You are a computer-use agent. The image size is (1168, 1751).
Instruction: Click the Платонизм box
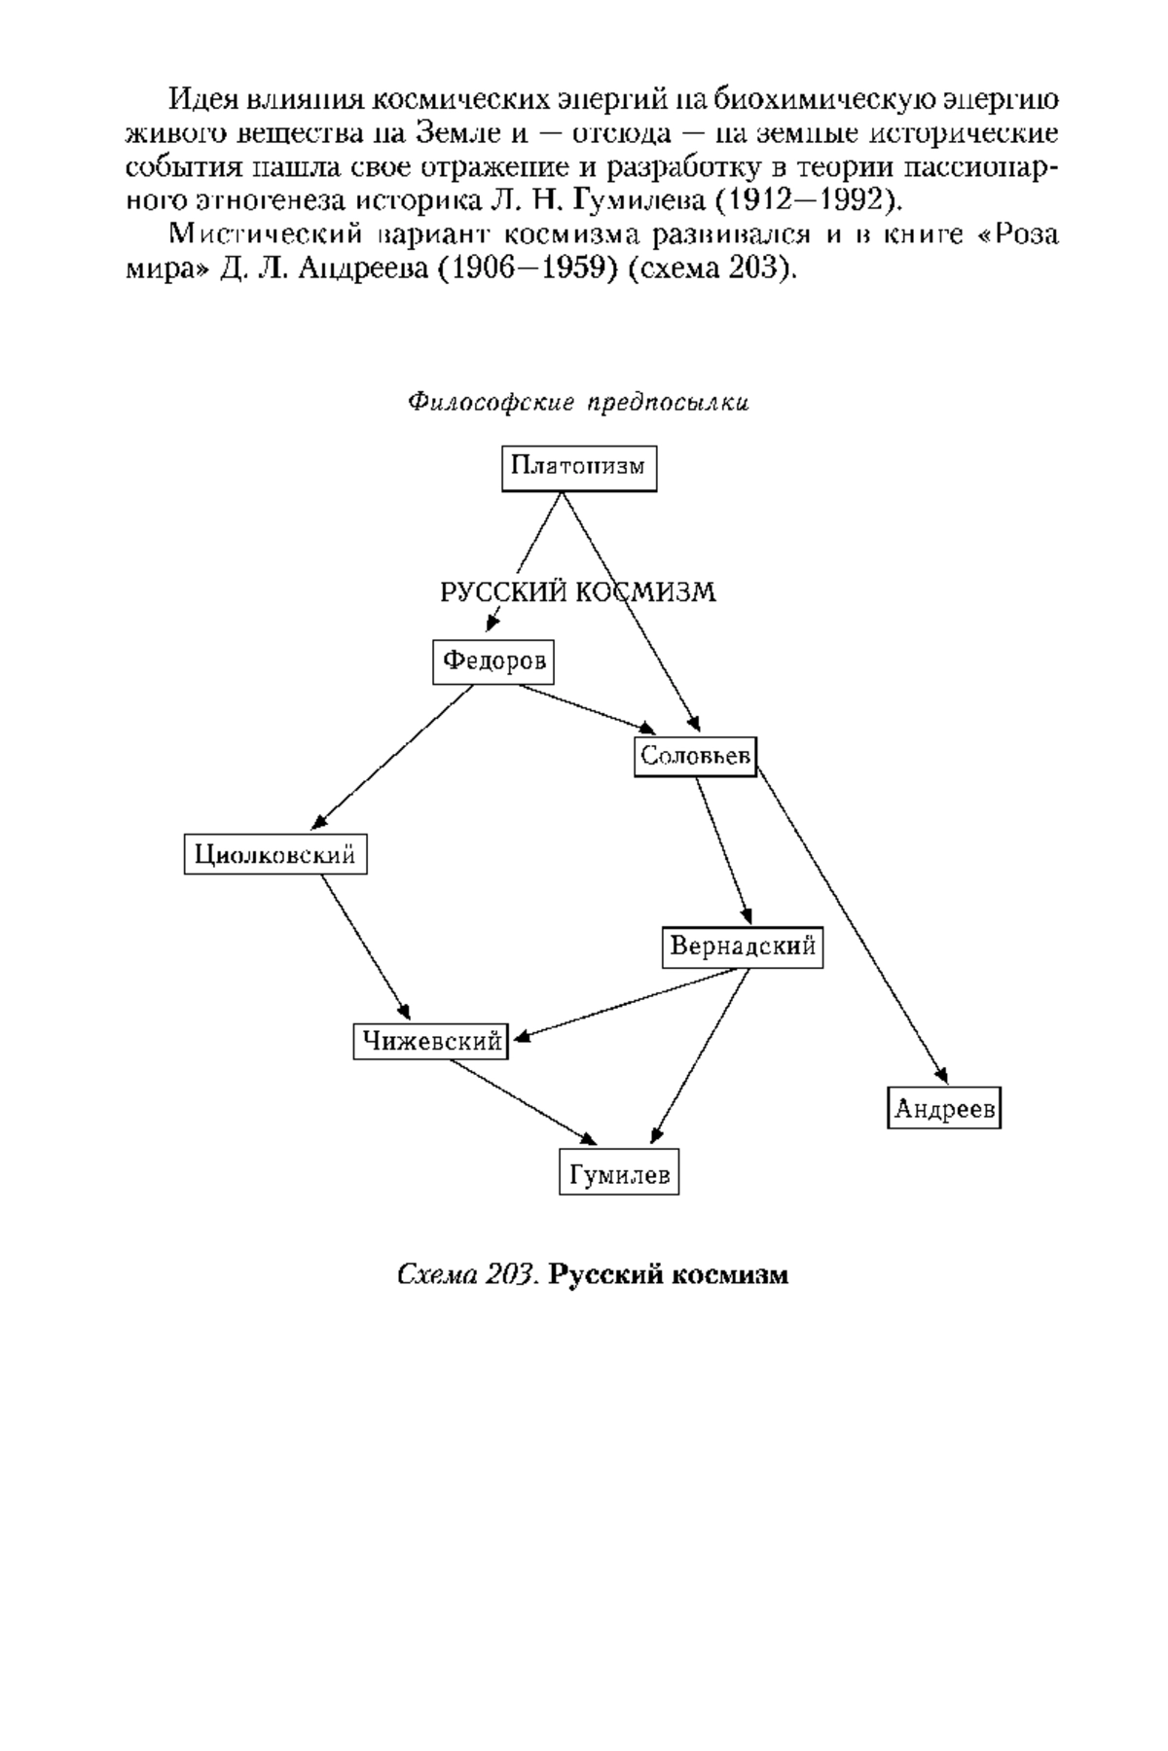tap(579, 468)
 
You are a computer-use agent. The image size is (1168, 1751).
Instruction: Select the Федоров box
tap(493, 662)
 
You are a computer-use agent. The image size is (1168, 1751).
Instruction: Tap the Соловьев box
tap(696, 756)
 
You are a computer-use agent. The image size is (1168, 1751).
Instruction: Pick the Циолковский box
tap(275, 855)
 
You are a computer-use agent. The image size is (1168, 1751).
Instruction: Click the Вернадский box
tap(743, 947)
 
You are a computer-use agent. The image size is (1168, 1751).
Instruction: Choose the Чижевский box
tap(431, 1042)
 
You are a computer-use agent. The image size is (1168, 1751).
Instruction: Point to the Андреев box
tap(944, 1108)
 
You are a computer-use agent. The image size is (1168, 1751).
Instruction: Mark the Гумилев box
tap(619, 1173)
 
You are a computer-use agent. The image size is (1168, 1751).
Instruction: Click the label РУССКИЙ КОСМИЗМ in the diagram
tap(578, 592)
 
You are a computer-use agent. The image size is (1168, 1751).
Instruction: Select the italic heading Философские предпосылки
tap(578, 402)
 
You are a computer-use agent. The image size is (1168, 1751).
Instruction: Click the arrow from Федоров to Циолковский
tap(395, 757)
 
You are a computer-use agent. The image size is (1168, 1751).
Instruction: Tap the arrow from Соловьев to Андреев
tap(852, 925)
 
